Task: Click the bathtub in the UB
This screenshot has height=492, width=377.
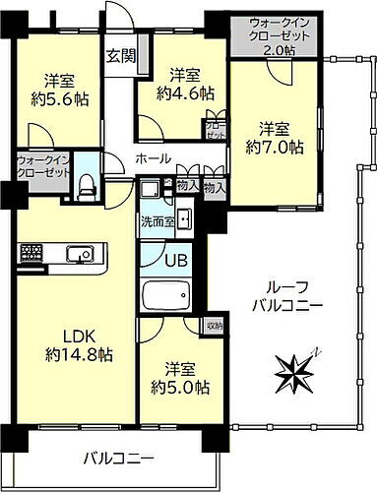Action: [168, 296]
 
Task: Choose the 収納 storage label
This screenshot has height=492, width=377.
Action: [214, 325]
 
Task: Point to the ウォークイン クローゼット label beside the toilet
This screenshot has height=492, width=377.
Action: [42, 166]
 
